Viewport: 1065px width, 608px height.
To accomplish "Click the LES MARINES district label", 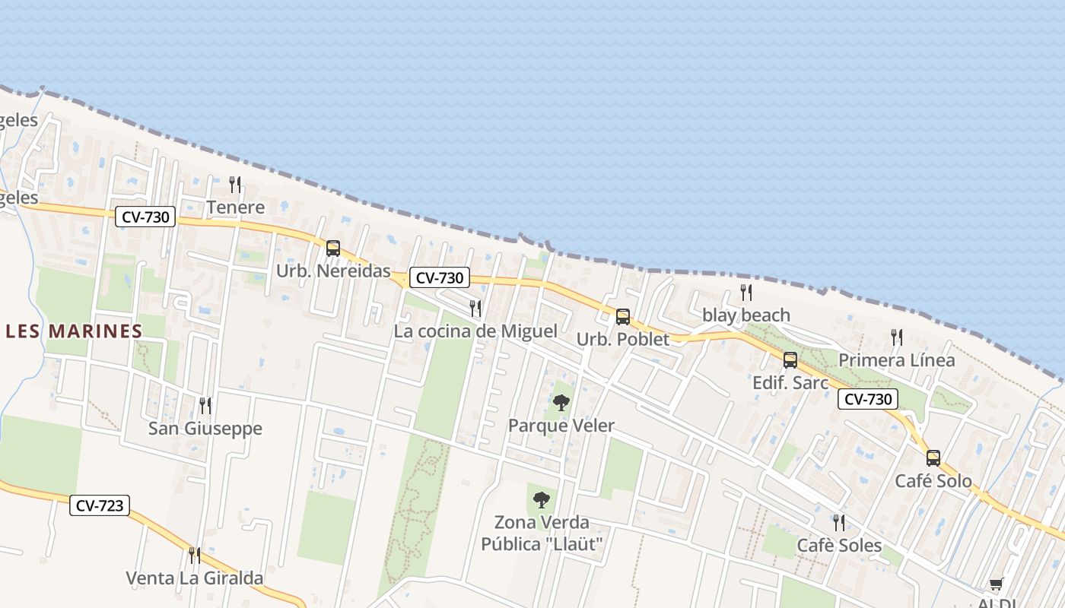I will coord(75,331).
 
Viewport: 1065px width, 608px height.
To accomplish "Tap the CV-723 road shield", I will coord(100,505).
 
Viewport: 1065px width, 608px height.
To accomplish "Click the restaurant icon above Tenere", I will coord(235,185).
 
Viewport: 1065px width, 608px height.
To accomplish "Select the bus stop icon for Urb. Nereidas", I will coord(333,248).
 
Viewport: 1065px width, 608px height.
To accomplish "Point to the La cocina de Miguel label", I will coord(475,331).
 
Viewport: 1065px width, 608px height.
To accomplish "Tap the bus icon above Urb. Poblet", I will coord(623,316).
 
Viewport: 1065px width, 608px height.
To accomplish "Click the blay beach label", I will coord(745,315).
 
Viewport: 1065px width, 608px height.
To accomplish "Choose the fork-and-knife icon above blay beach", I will coord(746,293).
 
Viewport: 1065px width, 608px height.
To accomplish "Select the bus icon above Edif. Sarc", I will coord(790,360).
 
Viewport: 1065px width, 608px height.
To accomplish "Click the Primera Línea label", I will coord(896,360).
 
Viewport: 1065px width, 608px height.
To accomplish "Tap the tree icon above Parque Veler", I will coord(561,403).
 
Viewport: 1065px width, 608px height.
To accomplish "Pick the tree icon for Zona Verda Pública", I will coord(541,499).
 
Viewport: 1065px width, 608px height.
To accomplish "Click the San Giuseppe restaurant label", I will coord(205,429).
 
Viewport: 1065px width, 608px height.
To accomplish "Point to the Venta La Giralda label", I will coord(195,578).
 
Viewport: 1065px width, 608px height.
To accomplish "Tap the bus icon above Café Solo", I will coord(933,458).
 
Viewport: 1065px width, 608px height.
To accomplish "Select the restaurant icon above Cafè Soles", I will coord(839,522).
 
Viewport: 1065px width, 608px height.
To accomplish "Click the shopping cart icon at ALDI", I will coord(996,584).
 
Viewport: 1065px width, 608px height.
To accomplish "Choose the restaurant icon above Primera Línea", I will coord(897,337).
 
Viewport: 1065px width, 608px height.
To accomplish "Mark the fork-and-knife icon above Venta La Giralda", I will coord(195,556).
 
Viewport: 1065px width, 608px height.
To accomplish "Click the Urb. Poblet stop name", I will coord(623,340).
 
